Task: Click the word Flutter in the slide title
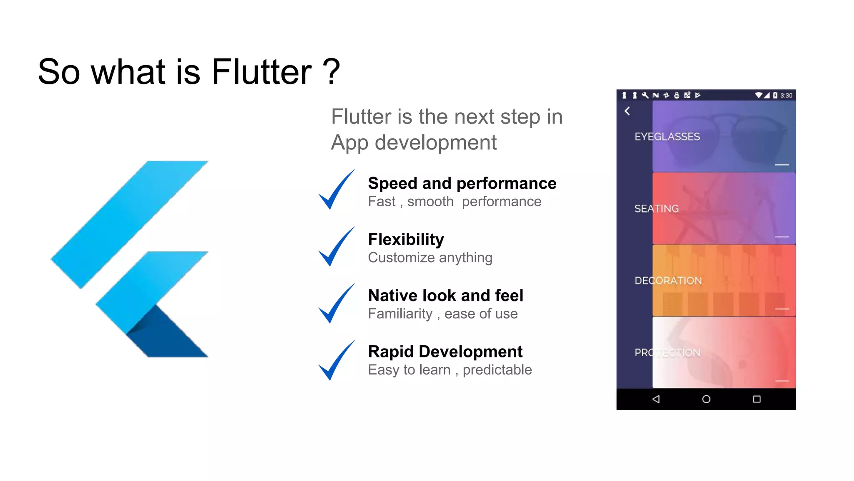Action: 261,72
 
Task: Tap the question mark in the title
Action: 332,72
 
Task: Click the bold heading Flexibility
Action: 406,240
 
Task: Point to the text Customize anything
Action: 430,258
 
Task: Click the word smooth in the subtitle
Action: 430,202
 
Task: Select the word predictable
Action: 497,370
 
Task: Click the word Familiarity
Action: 400,314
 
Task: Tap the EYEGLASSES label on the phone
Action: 667,137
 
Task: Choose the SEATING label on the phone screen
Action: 656,209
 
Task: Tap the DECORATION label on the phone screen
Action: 668,281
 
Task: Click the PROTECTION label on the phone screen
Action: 667,353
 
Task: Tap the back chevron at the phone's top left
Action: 627,111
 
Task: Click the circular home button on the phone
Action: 706,399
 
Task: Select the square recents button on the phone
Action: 756,399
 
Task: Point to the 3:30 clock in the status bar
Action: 786,95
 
